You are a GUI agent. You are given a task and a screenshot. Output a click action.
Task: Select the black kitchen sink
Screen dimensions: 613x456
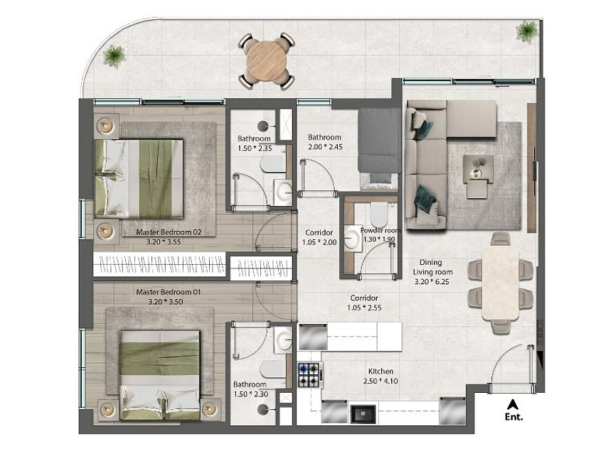click(x=363, y=414)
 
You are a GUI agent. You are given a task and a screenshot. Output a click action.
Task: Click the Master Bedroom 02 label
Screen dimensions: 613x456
click(x=169, y=232)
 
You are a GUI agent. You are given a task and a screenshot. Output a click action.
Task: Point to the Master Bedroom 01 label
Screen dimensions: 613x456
click(x=169, y=292)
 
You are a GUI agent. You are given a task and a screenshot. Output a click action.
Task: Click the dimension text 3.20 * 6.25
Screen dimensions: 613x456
click(x=432, y=281)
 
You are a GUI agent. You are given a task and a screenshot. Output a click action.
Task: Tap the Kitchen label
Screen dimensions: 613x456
click(x=380, y=371)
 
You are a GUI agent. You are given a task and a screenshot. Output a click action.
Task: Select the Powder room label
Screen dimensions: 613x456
click(x=380, y=230)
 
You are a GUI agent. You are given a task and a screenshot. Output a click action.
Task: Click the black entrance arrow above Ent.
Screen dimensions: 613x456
click(x=513, y=404)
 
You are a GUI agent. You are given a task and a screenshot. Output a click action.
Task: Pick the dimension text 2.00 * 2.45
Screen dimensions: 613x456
click(x=325, y=147)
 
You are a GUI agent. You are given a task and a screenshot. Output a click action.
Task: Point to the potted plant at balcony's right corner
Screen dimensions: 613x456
click(x=527, y=31)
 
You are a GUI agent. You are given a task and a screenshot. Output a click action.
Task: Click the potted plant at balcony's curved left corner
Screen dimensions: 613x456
click(x=114, y=56)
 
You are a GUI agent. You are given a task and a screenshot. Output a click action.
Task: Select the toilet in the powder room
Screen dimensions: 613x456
click(x=379, y=214)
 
